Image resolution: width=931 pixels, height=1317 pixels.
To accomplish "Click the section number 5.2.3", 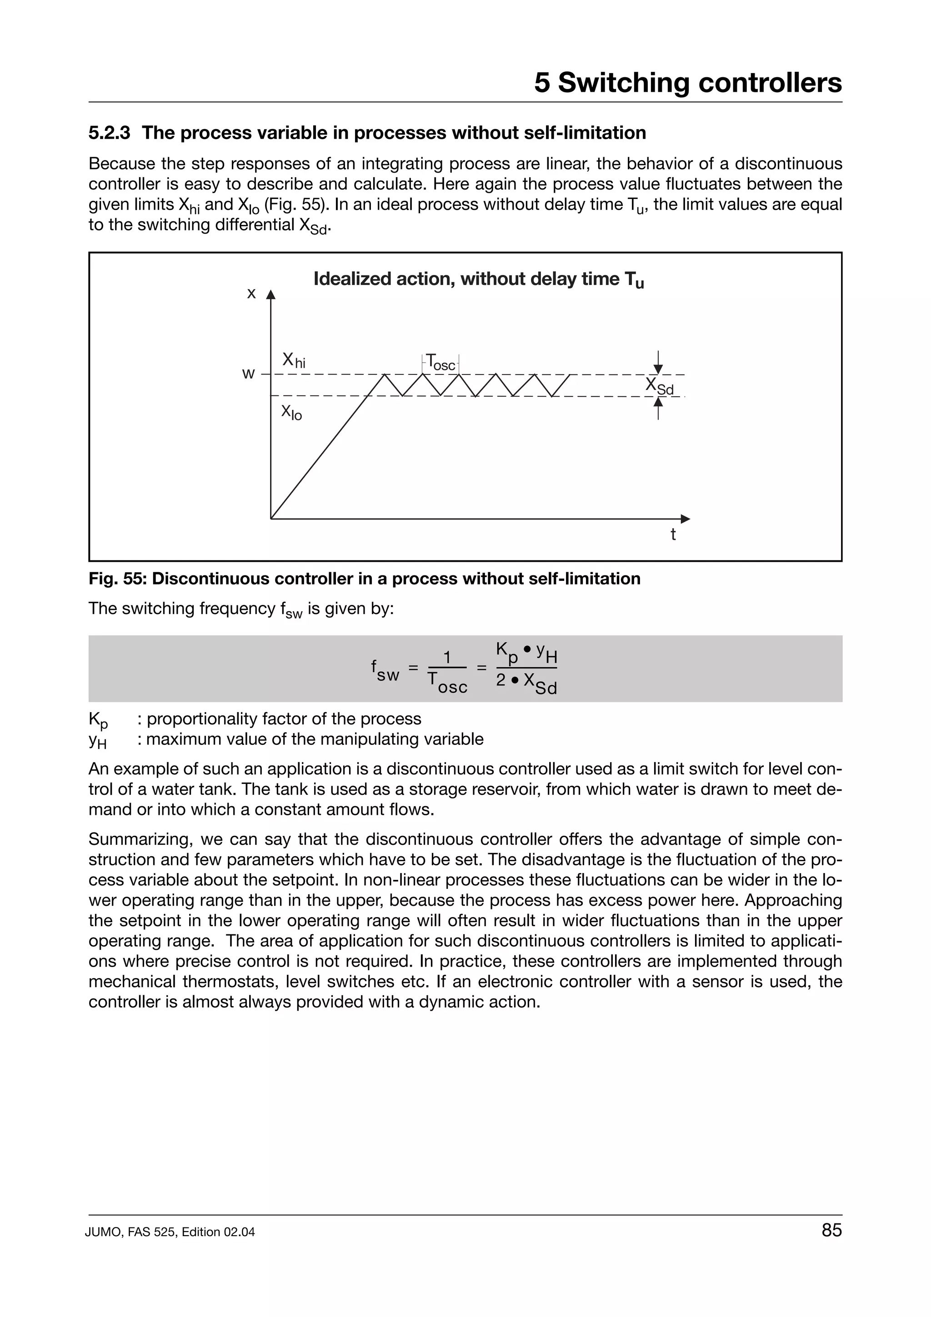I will click(x=109, y=133).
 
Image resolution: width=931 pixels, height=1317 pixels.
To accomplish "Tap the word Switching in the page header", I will click(x=624, y=83).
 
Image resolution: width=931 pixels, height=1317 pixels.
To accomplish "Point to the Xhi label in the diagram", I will click(x=293, y=360).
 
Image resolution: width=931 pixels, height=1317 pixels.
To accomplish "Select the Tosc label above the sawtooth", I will click(x=440, y=363).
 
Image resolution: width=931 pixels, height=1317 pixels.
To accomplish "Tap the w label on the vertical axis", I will click(x=248, y=374).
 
